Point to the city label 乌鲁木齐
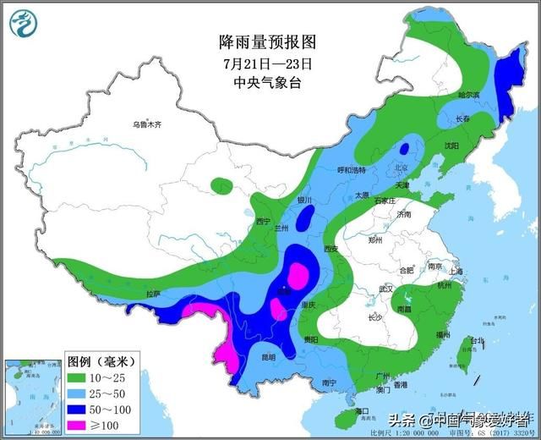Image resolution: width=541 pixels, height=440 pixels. (146, 124)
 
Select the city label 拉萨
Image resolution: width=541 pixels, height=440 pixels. (153, 294)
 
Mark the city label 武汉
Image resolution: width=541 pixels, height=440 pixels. (387, 289)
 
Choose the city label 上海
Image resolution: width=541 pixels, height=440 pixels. (456, 271)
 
